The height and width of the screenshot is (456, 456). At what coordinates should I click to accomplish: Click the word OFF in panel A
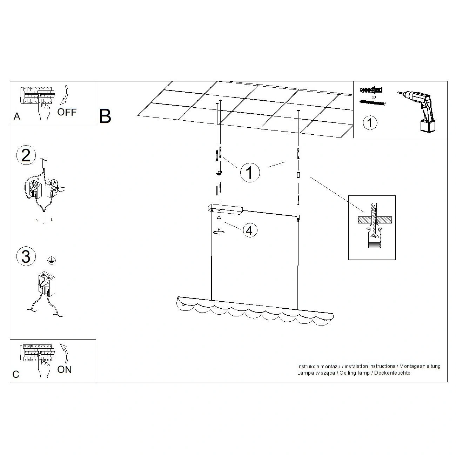67,112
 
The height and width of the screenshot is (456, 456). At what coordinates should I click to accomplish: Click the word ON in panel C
64,370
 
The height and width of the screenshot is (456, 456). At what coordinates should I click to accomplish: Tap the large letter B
105,116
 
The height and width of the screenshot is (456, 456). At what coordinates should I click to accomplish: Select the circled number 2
26,155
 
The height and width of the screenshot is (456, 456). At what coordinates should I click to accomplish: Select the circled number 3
26,256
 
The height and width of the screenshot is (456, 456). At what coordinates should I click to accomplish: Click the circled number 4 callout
250,230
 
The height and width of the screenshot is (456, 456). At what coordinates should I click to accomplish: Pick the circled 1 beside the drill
370,122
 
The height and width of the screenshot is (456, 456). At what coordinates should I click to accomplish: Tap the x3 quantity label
374,97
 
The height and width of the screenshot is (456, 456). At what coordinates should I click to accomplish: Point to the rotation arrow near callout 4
219,232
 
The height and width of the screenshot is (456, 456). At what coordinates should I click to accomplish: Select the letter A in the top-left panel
17,116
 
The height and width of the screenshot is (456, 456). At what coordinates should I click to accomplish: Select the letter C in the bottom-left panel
16,374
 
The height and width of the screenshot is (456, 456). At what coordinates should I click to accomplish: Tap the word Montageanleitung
420,367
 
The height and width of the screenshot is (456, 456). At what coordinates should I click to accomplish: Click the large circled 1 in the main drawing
250,173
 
